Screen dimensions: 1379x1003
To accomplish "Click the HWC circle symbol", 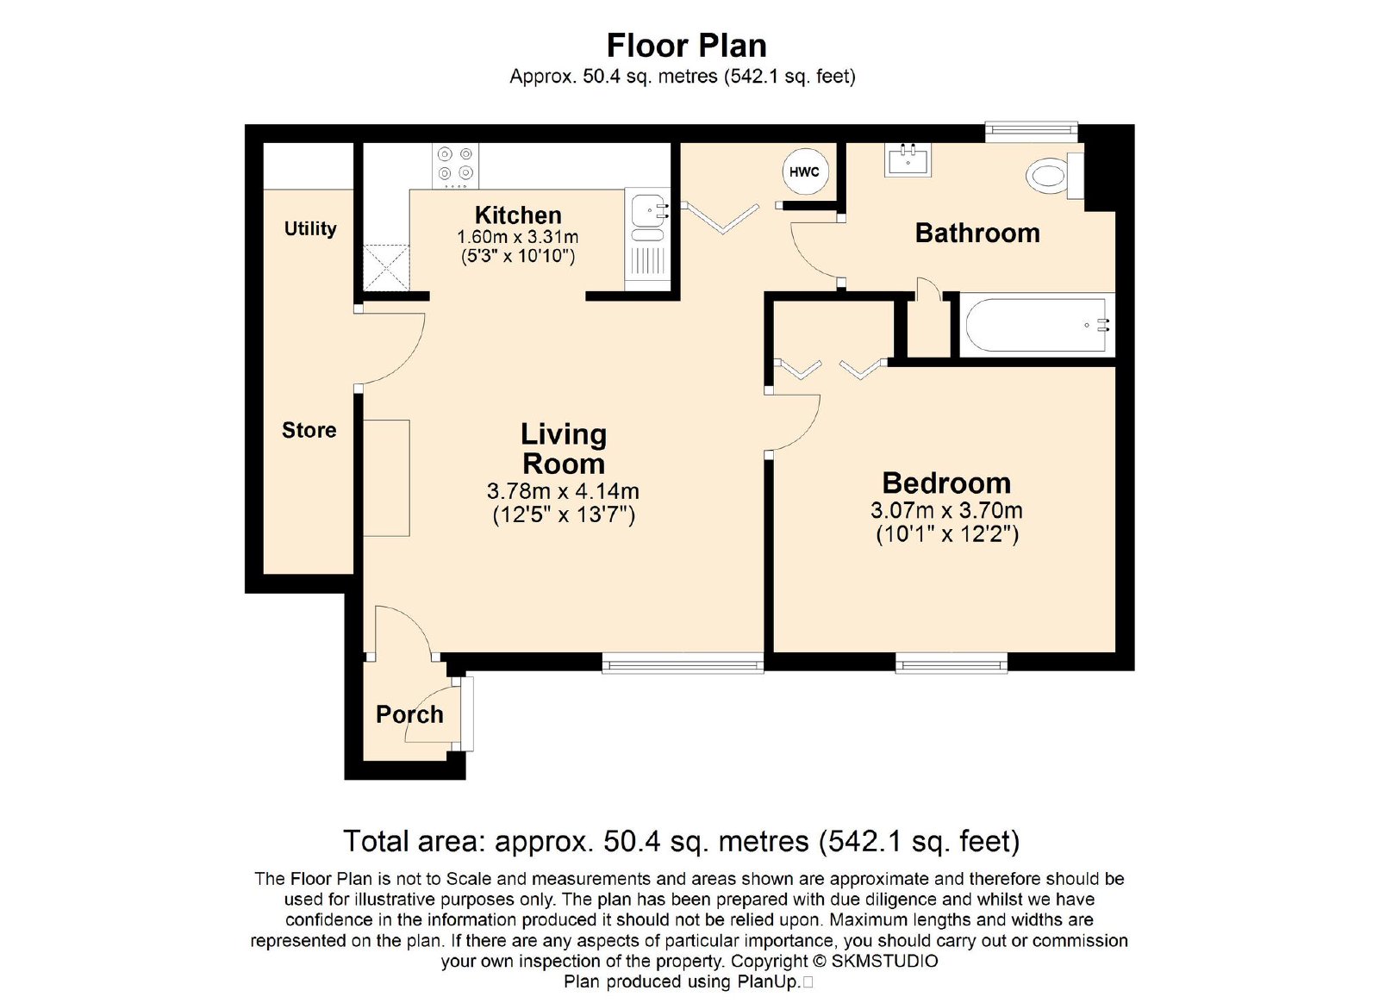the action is [805, 172].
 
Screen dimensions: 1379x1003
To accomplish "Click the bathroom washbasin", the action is [908, 159].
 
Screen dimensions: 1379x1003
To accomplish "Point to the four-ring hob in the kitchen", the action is [456, 166].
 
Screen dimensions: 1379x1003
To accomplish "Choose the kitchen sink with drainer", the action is [647, 240].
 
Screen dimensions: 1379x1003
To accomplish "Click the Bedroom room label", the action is [946, 483].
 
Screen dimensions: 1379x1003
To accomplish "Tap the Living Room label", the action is [564, 449].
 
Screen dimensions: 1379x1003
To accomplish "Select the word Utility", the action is [310, 229].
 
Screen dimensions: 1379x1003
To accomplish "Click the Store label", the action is [309, 430].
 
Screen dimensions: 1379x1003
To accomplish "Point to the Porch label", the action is [409, 714].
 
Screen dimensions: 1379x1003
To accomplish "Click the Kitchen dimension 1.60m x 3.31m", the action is [518, 237].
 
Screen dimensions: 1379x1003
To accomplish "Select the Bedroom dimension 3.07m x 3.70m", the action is [947, 510].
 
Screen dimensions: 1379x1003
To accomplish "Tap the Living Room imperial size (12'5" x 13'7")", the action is [564, 514].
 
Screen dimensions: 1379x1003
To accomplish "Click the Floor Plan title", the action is [686, 46].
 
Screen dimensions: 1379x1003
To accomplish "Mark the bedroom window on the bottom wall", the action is [952, 664].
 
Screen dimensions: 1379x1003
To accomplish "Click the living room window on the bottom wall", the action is [683, 664].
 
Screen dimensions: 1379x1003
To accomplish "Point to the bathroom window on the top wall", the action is [1031, 130].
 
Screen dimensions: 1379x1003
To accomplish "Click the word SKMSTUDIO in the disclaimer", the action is [884, 961].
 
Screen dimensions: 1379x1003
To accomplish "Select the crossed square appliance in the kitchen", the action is [387, 268].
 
